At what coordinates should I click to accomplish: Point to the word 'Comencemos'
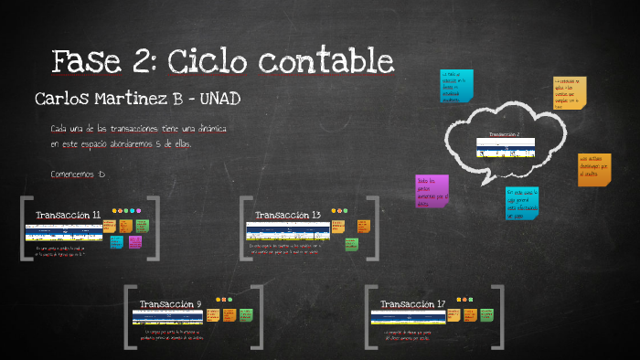click(74, 174)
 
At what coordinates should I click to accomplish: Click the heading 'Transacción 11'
click(69, 215)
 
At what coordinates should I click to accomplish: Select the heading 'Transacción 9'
click(171, 303)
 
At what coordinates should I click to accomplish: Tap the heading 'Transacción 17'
click(413, 303)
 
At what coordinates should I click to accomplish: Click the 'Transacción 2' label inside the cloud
click(504, 134)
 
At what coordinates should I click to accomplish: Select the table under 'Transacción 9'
click(167, 317)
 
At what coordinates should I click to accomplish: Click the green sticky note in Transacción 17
click(484, 314)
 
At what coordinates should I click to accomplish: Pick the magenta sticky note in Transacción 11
click(135, 242)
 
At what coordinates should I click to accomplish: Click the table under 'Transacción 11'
click(63, 231)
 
